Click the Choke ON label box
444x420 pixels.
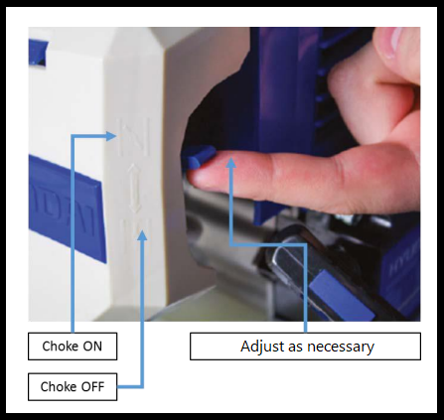[x=73, y=347]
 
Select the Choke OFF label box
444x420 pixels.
[x=73, y=386]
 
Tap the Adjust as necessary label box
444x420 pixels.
[x=305, y=347]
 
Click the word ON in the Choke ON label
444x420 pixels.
[x=92, y=347]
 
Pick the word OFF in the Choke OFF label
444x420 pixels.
[x=92, y=386]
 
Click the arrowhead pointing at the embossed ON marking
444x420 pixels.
[x=111, y=136]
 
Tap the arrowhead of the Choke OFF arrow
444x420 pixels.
[x=142, y=234]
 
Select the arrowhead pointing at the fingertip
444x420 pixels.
[x=231, y=162]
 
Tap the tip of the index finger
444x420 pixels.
[x=194, y=177]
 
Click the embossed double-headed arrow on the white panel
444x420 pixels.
[x=134, y=188]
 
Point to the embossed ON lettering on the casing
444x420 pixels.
[x=134, y=137]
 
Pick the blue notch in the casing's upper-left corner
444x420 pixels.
[x=38, y=52]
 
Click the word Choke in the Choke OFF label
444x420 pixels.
[x=54, y=386]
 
